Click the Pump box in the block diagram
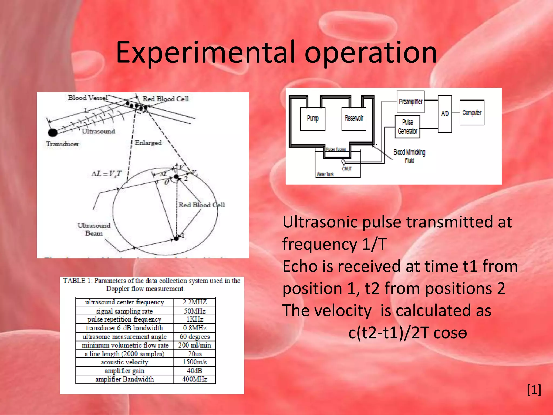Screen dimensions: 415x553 pos(312,119)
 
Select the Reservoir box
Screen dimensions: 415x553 pos(354,119)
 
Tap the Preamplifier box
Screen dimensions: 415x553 pos(410,102)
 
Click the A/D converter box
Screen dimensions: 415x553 pos(445,113)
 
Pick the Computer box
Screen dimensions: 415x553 pos(472,112)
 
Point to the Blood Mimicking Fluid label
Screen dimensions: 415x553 pos(409,156)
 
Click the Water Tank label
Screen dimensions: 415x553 pos(325,174)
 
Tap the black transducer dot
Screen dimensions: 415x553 pos(53,132)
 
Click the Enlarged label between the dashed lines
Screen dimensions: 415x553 pos(148,143)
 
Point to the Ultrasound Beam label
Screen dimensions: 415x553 pos(94,229)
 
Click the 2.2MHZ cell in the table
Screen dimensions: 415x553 pos(194,302)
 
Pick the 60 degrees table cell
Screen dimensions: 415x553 pos(194,337)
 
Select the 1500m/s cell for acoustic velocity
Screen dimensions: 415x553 pos(194,362)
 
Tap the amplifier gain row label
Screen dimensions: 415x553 pos(124,371)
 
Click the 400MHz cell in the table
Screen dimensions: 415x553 pos(194,379)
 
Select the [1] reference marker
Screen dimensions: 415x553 pos(534,390)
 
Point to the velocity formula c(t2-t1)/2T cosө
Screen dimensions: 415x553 pos(407,333)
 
